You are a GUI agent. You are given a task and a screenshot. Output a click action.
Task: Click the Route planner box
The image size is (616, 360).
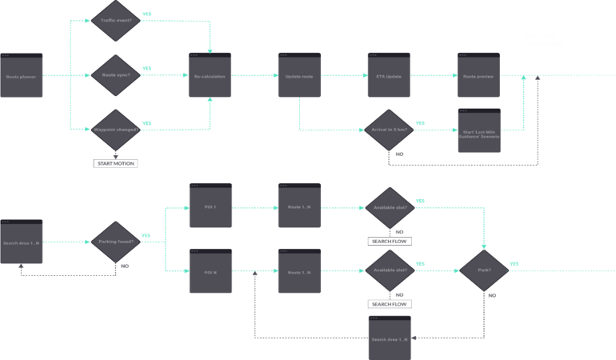21,76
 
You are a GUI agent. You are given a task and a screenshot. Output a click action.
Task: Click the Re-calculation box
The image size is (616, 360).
210,76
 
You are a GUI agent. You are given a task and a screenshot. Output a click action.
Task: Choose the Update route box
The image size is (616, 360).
299,76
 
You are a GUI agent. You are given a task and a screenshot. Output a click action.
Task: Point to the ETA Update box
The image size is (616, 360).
389,76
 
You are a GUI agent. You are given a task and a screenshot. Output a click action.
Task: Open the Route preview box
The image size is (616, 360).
478,76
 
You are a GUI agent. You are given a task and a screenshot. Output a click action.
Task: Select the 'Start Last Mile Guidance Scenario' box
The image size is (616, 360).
478,131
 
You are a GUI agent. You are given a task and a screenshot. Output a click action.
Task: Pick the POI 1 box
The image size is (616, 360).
210,206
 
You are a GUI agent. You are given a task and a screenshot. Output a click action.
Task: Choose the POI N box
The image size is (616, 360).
210,272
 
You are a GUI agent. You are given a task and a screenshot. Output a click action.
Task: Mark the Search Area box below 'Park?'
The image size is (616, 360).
390,338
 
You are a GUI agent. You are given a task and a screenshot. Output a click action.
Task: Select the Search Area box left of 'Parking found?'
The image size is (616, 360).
21,242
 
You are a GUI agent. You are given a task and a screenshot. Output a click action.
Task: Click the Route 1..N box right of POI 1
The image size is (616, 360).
299,206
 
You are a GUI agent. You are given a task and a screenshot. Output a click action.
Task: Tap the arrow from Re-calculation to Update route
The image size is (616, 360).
254,76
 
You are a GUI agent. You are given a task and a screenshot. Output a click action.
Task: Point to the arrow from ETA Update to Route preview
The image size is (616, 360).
434,76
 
